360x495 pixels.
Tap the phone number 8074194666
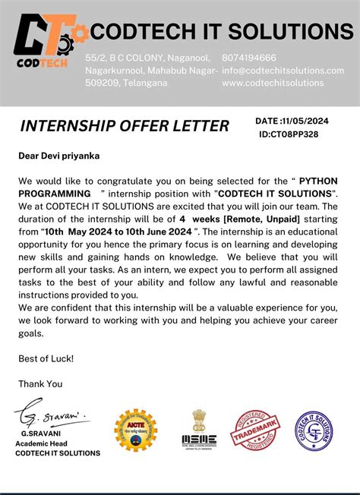pos(249,58)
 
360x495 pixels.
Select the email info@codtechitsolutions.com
pos(283,71)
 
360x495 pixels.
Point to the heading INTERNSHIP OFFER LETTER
pos(124,125)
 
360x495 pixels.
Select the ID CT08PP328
pos(299,134)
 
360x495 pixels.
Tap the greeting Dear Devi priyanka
pos(59,156)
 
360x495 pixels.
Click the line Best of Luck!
pos(46,358)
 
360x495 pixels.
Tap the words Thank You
pos(41,383)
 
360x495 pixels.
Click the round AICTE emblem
pos(136,431)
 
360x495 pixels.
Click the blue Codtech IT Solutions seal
pos(316,432)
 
